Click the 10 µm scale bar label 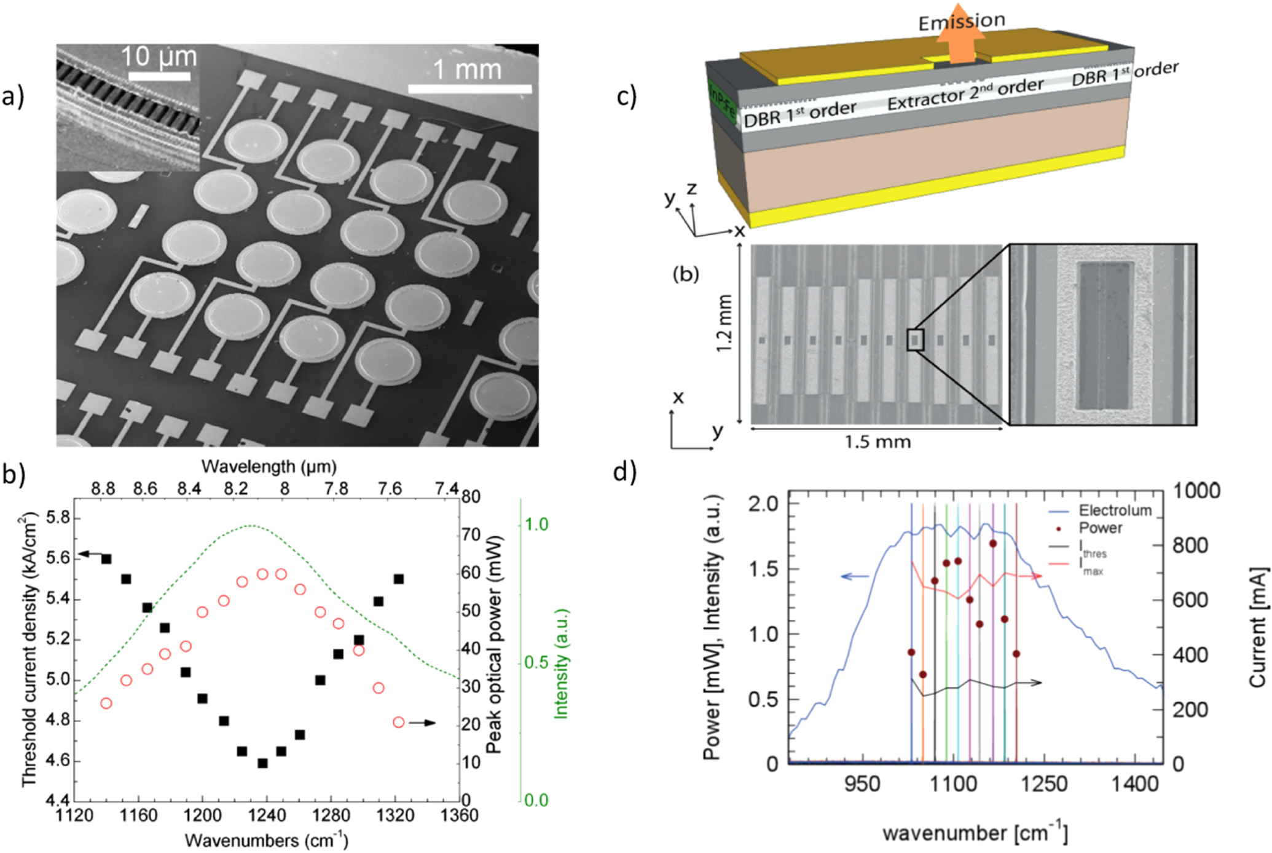point(159,57)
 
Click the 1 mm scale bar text point(467,69)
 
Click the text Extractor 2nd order point(965,94)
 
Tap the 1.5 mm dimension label point(877,442)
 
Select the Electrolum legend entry point(1114,510)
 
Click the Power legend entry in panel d point(1100,528)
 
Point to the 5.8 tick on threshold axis point(58,518)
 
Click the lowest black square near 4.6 point(262,763)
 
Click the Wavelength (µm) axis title point(269,466)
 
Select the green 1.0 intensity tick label point(535,524)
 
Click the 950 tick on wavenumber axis point(862,784)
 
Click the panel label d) point(625,472)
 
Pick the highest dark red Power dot point(993,544)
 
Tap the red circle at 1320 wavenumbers point(399,722)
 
